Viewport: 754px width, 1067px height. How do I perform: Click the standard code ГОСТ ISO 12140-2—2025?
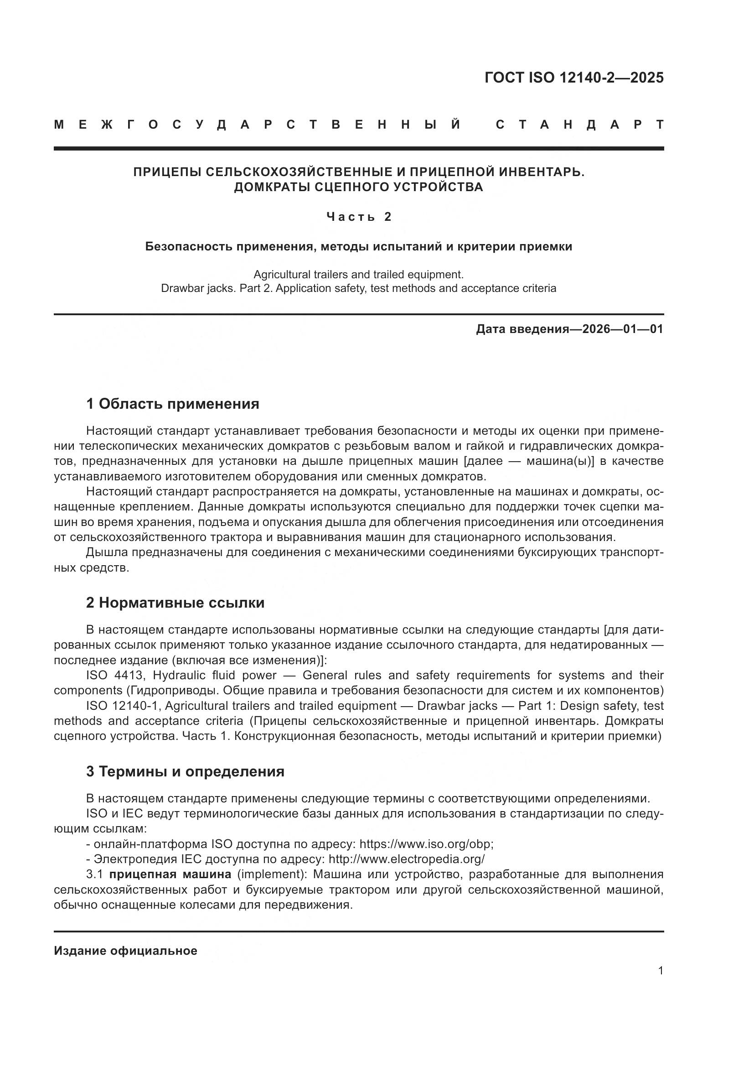[x=574, y=78]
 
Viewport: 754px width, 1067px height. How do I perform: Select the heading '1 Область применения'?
[x=172, y=404]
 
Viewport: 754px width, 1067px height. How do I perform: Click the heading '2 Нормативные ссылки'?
[x=175, y=603]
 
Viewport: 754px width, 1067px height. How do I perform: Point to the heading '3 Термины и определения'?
[x=185, y=771]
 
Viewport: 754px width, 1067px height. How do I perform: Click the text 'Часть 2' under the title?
[x=359, y=217]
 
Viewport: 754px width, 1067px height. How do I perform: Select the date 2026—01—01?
[x=623, y=329]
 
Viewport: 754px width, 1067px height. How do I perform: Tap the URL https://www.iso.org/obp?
[x=426, y=844]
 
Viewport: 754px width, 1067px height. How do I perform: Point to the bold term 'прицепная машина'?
[x=170, y=874]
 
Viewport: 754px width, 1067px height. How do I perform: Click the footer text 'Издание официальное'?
[x=125, y=951]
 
